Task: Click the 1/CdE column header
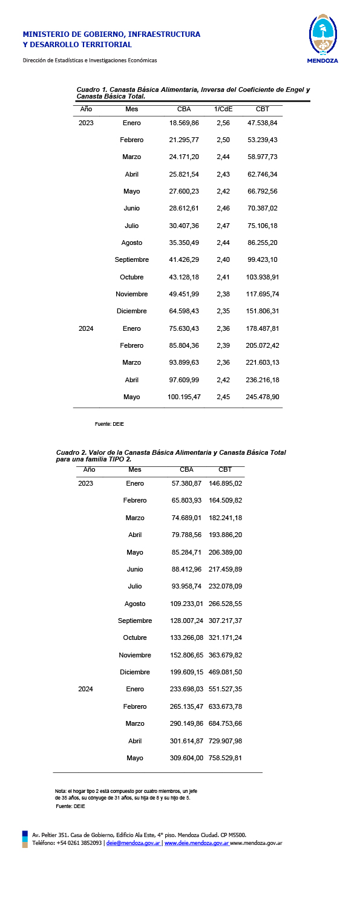click(223, 109)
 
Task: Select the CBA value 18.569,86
click(184, 123)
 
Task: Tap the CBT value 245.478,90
click(263, 397)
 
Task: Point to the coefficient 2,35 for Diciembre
click(223, 311)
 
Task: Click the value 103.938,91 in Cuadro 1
click(263, 277)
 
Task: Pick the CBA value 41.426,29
click(184, 259)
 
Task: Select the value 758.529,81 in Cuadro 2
click(225, 757)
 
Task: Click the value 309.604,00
click(187, 757)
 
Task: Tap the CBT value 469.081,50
click(225, 672)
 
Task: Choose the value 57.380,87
click(187, 484)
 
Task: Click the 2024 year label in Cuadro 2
click(86, 689)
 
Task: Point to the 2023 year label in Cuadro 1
click(86, 123)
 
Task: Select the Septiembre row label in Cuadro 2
click(135, 621)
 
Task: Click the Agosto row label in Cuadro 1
click(131, 243)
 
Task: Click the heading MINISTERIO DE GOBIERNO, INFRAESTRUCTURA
click(111, 34)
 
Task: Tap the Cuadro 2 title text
click(171, 455)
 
